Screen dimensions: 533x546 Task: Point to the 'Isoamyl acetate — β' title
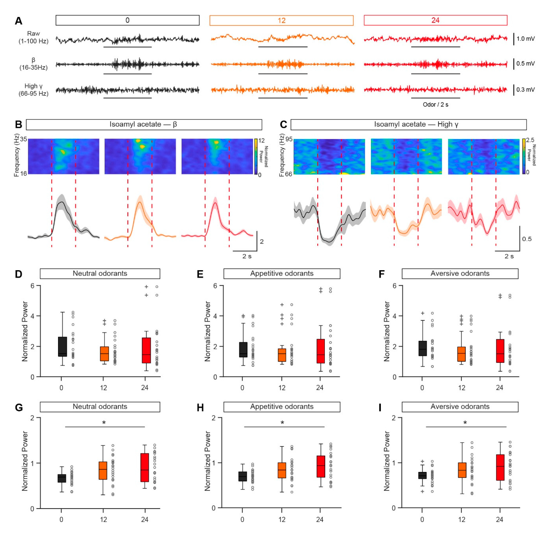pyautogui.click(x=144, y=124)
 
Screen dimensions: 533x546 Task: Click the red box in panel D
pyautogui.click(x=146, y=350)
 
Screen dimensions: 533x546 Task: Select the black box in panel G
pyautogui.click(x=62, y=478)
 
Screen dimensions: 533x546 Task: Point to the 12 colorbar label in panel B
pyautogui.click(x=261, y=141)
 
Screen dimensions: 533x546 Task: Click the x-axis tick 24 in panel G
pyautogui.click(x=144, y=520)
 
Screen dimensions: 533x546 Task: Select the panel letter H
pyautogui.click(x=200, y=408)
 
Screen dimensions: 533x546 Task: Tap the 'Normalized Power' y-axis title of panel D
pyautogui.click(x=25, y=331)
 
